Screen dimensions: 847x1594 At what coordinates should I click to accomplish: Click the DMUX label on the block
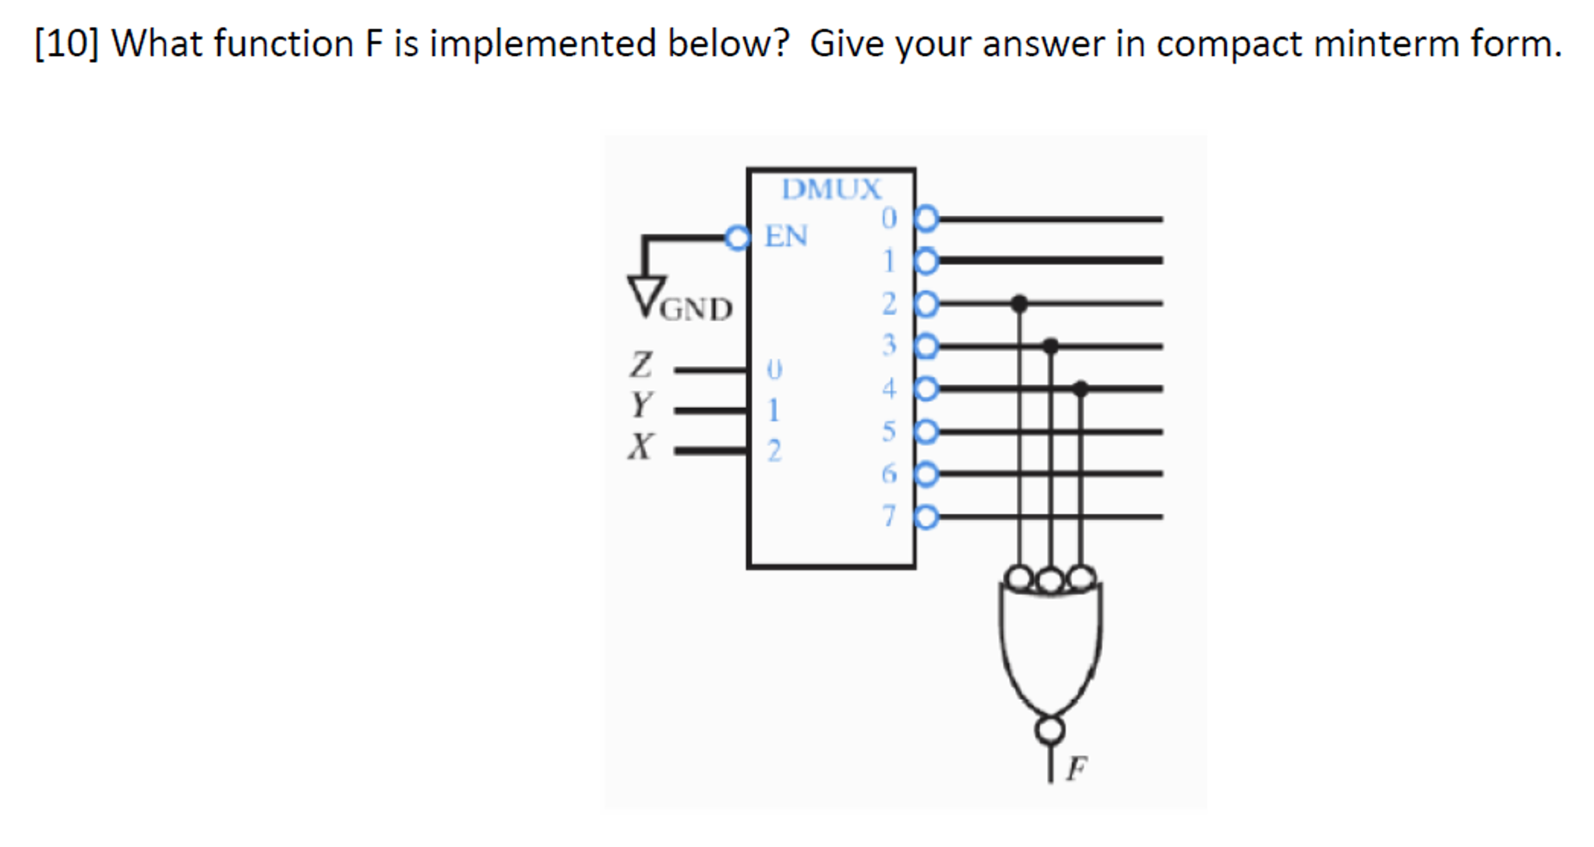click(831, 189)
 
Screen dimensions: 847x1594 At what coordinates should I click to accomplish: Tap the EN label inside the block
click(785, 236)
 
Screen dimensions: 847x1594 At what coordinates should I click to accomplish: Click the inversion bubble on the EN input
click(737, 237)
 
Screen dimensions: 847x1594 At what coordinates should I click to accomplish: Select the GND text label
click(696, 309)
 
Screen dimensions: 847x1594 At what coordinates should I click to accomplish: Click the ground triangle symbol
click(647, 295)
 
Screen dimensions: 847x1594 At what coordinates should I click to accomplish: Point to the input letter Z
click(640, 364)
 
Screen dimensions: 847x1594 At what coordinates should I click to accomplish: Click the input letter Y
click(640, 405)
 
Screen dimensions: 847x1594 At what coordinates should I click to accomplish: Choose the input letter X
click(640, 447)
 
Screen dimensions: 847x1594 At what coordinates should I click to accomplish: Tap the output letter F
click(1077, 768)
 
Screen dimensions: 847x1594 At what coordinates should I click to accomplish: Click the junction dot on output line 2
click(1019, 303)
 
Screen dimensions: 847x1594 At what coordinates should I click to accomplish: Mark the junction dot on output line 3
click(1050, 345)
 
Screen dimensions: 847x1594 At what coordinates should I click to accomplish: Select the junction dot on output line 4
click(1081, 388)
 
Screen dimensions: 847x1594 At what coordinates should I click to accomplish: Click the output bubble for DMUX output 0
click(926, 219)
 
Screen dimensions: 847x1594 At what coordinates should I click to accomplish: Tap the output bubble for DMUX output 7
click(926, 517)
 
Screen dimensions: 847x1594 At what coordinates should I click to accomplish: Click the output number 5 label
click(889, 431)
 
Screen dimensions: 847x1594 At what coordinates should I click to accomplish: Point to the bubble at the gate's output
click(1050, 730)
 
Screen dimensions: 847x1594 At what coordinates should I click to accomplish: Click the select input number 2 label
click(774, 451)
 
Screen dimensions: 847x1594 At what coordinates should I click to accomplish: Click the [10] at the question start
click(66, 44)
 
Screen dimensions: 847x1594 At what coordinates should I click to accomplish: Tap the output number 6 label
click(889, 473)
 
